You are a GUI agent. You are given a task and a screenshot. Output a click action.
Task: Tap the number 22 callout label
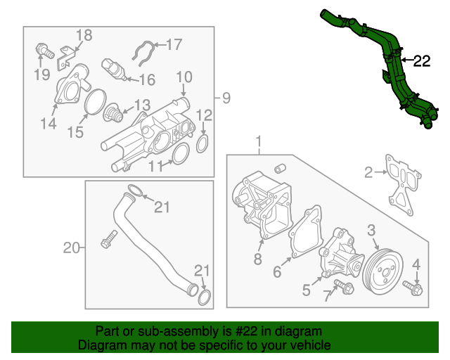tap(420, 61)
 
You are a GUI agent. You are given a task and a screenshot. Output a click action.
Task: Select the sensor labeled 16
tap(112, 69)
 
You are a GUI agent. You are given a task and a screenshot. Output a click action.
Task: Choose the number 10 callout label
tap(184, 77)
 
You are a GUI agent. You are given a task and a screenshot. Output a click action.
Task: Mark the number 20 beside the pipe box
tap(70, 247)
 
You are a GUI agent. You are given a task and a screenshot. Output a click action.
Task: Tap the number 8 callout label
tap(257, 259)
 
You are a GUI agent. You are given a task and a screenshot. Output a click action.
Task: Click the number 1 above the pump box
tap(259, 141)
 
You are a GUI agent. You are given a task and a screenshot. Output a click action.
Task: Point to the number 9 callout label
tap(226, 96)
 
